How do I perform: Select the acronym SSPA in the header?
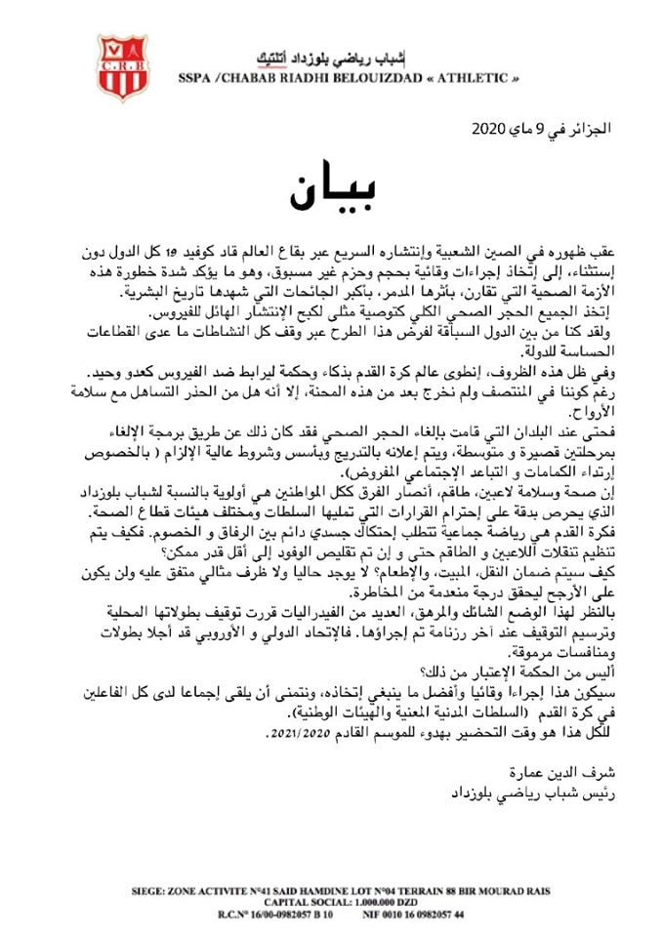coord(196,77)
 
